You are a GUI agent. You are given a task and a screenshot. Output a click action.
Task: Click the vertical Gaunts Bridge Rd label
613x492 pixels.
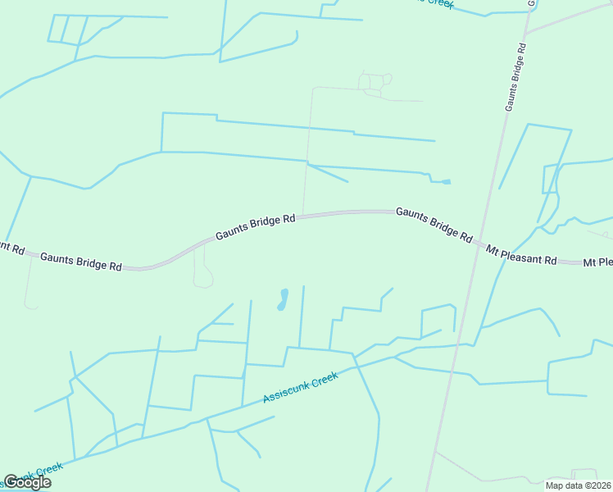point(515,74)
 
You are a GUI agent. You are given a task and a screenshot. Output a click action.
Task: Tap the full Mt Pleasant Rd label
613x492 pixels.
point(521,254)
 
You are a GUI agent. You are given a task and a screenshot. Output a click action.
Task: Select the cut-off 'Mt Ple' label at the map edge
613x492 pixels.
point(597,262)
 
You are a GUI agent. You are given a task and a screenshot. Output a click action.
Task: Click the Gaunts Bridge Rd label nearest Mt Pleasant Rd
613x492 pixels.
point(434,224)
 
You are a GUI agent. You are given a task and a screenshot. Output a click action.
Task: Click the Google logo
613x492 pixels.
point(27,482)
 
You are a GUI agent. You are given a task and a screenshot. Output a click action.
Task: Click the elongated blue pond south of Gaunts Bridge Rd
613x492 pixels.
point(283,299)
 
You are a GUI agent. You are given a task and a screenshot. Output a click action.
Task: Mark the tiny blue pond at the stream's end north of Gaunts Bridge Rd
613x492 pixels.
point(446,181)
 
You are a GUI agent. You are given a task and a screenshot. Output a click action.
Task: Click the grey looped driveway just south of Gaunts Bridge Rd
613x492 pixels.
point(202,275)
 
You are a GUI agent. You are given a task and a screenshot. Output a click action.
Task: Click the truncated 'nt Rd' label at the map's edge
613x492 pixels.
point(11,247)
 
